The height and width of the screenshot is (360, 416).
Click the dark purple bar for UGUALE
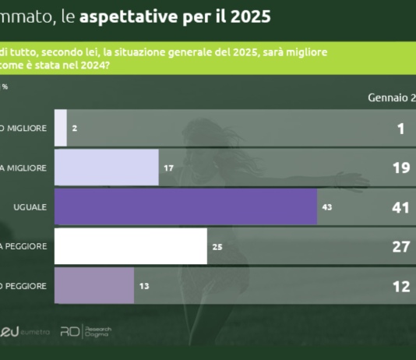pyautogui.click(x=185, y=206)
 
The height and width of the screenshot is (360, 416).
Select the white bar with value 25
pyautogui.click(x=130, y=246)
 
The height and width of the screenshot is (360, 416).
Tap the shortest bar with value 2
pyautogui.click(x=61, y=128)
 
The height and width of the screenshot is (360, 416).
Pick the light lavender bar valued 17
pyautogui.click(x=106, y=168)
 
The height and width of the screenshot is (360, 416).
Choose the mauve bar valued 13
pyautogui.click(x=93, y=286)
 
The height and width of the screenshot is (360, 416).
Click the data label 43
pyautogui.click(x=326, y=207)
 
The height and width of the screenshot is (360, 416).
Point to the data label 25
pyautogui.click(x=217, y=247)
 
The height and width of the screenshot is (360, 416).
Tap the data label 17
pyautogui.click(x=168, y=168)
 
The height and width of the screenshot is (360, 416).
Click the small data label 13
pyautogui.click(x=143, y=286)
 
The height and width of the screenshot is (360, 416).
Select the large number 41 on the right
pyautogui.click(x=400, y=207)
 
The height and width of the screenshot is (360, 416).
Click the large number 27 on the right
pyautogui.click(x=400, y=247)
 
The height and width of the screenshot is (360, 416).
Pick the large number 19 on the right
pyautogui.click(x=401, y=168)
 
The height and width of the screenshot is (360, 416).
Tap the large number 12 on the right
pyautogui.click(x=401, y=287)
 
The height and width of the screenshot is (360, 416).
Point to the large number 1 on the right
pyautogui.click(x=400, y=129)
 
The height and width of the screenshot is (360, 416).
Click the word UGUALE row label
pyautogui.click(x=35, y=207)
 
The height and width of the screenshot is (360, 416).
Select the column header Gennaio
pyautogui.click(x=386, y=98)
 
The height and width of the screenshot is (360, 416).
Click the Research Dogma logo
pyautogui.click(x=86, y=331)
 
